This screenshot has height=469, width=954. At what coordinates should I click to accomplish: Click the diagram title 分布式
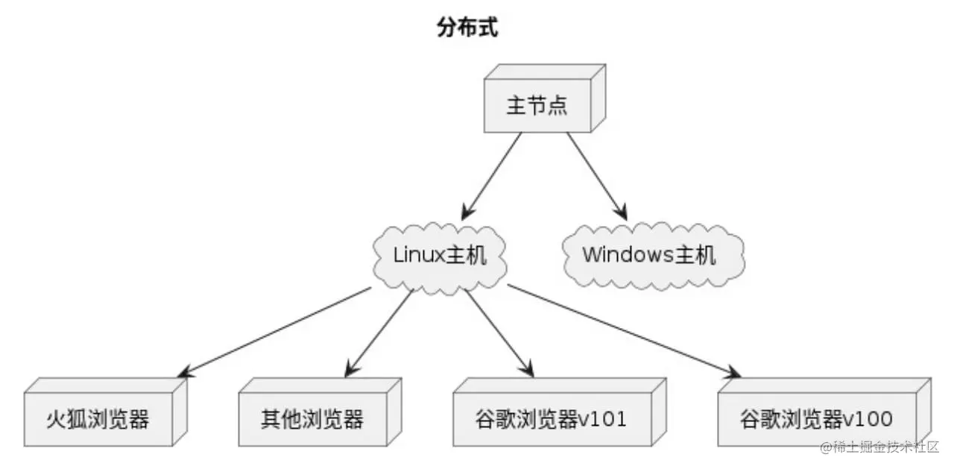(467, 29)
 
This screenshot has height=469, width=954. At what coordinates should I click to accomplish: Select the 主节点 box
(537, 105)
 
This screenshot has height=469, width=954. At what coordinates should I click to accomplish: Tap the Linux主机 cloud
(440, 255)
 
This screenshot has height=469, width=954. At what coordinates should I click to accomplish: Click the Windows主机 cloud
(649, 255)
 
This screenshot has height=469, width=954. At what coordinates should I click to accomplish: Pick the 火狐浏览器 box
(98, 419)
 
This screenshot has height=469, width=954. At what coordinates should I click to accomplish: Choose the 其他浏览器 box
(312, 419)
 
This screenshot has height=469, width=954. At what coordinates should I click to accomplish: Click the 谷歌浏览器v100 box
(816, 419)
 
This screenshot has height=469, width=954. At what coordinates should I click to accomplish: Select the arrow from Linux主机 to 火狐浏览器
(276, 331)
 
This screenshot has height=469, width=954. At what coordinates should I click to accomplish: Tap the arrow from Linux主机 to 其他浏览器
(379, 331)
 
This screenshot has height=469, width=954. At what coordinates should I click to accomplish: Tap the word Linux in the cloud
(418, 255)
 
